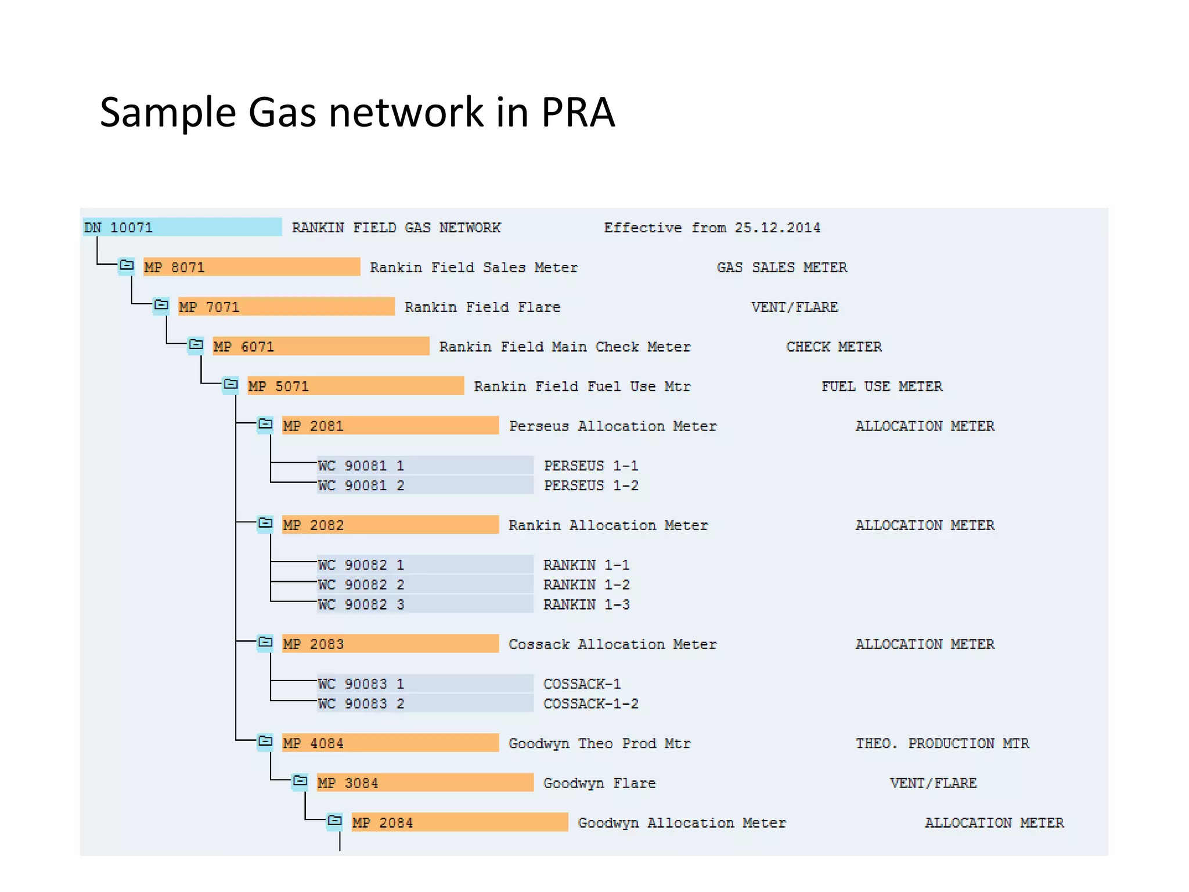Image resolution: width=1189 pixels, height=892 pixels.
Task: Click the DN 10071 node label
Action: (119, 227)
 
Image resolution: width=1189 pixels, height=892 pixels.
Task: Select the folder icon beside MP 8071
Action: (127, 266)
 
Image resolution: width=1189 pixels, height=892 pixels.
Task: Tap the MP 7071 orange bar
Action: (286, 307)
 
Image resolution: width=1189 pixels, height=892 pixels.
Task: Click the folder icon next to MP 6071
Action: (196, 346)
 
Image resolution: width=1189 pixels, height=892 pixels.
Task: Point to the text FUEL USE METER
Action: (881, 386)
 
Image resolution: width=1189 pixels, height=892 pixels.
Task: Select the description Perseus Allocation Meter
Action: (612, 426)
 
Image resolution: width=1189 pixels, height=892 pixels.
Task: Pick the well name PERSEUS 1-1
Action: (590, 466)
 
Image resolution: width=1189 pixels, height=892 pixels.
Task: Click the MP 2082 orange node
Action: (390, 525)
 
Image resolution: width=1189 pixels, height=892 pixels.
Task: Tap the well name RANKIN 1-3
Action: (586, 605)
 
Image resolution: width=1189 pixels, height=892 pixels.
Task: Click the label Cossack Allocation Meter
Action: (612, 644)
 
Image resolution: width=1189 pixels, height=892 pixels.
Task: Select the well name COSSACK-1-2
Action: (590, 703)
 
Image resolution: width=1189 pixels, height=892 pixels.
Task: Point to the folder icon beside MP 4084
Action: (265, 742)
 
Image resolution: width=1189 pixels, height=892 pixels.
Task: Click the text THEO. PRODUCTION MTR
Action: (942, 743)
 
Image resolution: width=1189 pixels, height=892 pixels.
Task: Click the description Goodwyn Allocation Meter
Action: (682, 822)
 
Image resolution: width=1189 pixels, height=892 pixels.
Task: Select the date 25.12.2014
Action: (777, 228)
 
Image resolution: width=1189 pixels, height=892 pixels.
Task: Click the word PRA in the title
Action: (577, 111)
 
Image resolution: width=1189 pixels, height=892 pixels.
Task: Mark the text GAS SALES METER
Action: (781, 267)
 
